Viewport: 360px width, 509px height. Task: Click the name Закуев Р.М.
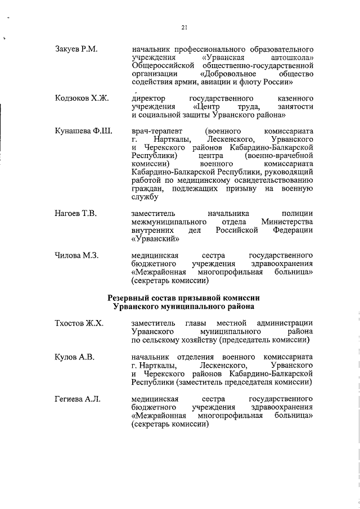click(76, 49)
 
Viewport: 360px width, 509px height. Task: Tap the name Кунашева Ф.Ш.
click(83, 132)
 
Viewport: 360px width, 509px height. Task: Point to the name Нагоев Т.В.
click(76, 214)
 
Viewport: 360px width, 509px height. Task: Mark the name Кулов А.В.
click(74, 357)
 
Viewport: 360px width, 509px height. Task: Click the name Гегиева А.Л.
click(78, 399)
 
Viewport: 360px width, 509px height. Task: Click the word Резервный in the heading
click(133, 297)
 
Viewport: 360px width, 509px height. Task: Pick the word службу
click(145, 197)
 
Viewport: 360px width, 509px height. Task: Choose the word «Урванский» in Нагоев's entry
click(155, 238)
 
